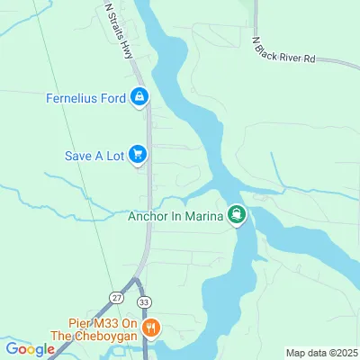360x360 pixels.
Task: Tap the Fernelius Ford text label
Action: point(85,98)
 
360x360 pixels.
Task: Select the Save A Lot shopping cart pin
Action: point(138,155)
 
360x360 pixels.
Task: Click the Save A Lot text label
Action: point(93,155)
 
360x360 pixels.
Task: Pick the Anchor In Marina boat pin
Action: point(237,214)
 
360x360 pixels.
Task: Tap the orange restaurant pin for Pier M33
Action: point(152,327)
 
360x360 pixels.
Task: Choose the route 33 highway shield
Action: point(144,303)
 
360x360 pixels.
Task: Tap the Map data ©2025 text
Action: point(320,353)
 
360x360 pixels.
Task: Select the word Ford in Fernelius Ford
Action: point(112,98)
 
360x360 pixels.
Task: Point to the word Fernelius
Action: point(71,98)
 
